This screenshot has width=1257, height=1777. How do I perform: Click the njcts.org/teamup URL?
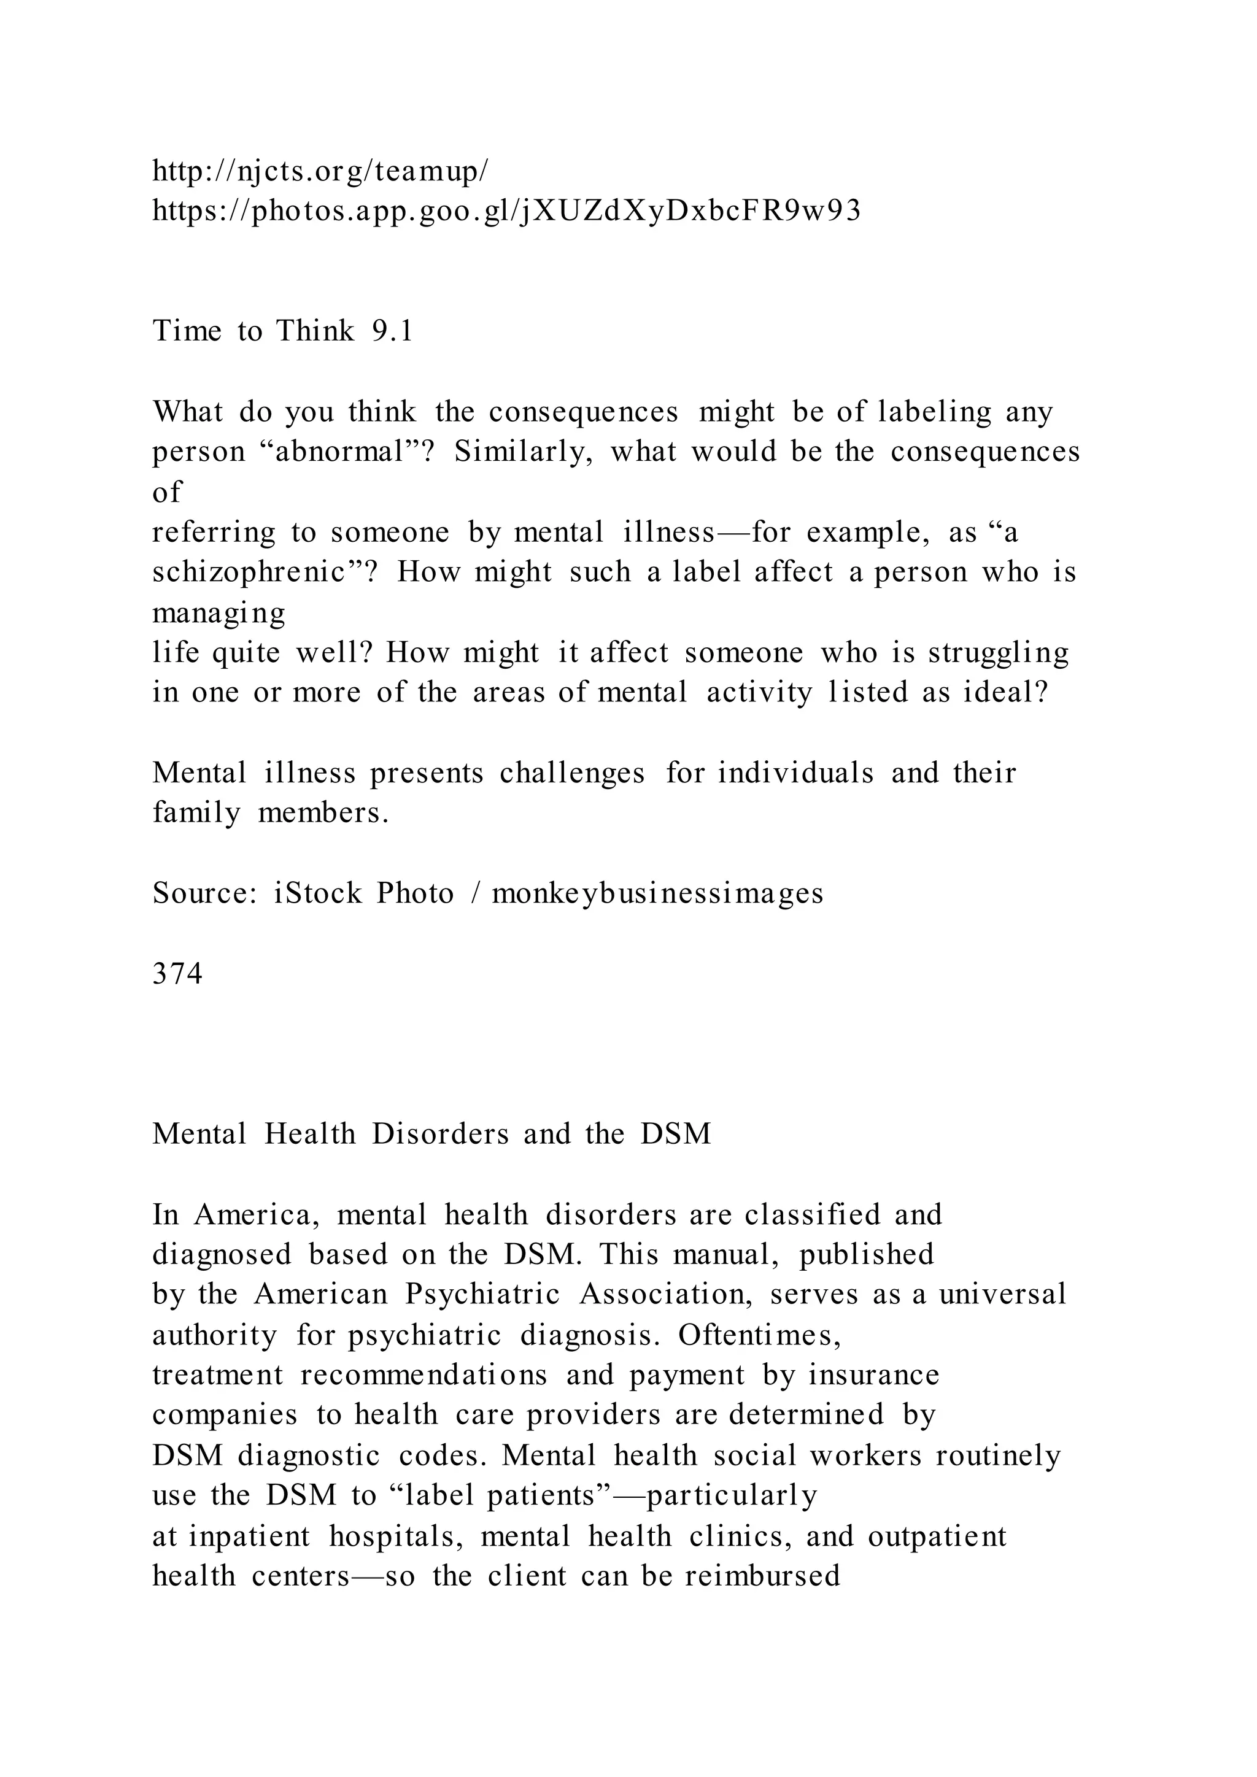(320, 171)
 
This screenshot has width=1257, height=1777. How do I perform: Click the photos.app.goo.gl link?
(506, 210)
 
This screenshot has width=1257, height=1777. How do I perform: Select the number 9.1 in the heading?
(392, 331)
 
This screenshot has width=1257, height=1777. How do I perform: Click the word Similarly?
(522, 451)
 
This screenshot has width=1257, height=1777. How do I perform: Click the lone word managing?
(219, 613)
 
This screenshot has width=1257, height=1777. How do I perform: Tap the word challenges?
(572, 773)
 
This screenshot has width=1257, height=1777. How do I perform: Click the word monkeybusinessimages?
(657, 893)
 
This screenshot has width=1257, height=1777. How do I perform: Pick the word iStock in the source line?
(317, 893)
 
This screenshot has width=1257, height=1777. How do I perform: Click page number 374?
(177, 974)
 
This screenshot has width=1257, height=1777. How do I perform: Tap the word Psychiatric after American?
(483, 1294)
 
